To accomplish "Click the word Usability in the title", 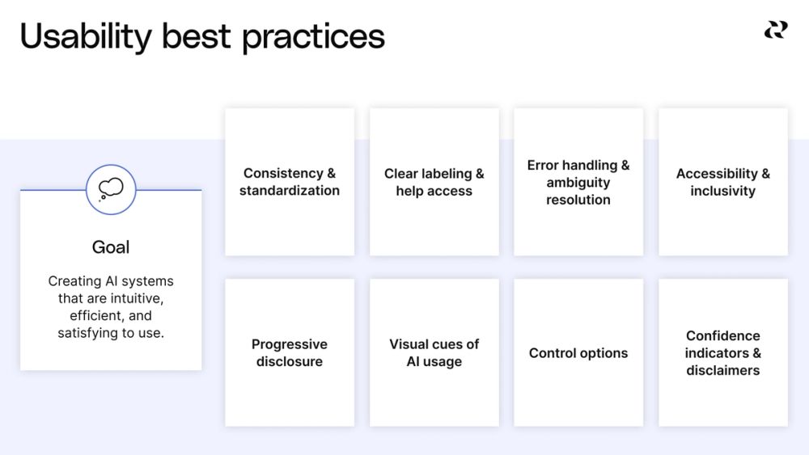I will tap(86, 37).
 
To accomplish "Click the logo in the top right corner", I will tap(775, 30).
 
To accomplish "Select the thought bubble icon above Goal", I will tap(111, 189).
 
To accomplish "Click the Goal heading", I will tap(111, 247).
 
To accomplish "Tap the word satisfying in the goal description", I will tap(89, 332).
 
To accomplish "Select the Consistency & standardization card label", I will tap(290, 182).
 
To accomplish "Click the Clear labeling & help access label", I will tap(434, 182).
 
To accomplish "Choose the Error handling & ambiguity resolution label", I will tap(578, 182).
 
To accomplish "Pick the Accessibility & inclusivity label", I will tap(723, 182).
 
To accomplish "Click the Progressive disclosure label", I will tap(290, 353).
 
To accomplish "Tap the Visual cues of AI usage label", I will tap(434, 353).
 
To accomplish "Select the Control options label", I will tap(578, 353).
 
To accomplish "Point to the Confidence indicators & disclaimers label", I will tap(723, 353).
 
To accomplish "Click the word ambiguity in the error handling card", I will tap(578, 183).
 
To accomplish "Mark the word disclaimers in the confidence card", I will tap(723, 370).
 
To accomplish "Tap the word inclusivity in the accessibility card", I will tap(723, 192).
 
